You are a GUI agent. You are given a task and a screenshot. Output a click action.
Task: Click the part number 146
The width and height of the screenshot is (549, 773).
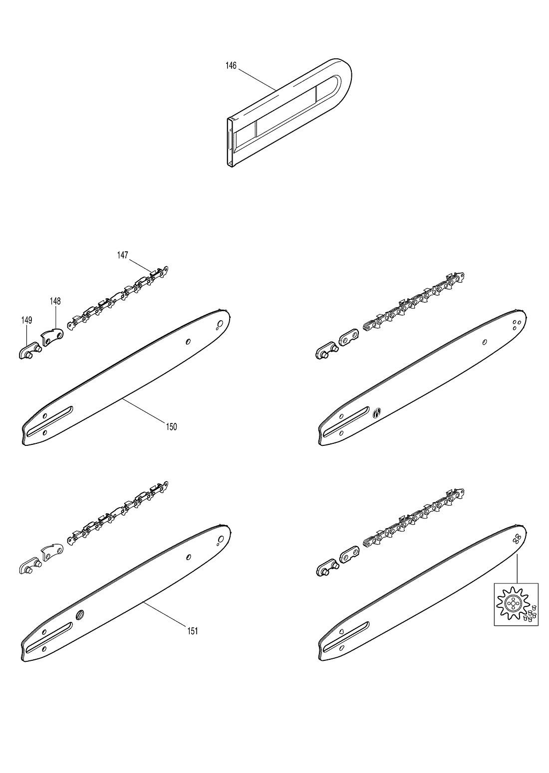(231, 65)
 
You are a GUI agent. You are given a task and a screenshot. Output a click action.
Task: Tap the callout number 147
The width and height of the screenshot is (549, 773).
(123, 255)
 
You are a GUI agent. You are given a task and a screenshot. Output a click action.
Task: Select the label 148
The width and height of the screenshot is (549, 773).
(55, 301)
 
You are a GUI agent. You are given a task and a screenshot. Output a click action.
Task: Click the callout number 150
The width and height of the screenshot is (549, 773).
(171, 427)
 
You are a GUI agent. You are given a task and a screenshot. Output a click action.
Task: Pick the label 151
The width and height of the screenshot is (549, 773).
(193, 631)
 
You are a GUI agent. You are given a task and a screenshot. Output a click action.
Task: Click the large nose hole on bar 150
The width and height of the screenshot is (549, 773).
(220, 324)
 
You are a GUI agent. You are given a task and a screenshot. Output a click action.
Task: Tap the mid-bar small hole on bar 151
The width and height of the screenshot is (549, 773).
(189, 557)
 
